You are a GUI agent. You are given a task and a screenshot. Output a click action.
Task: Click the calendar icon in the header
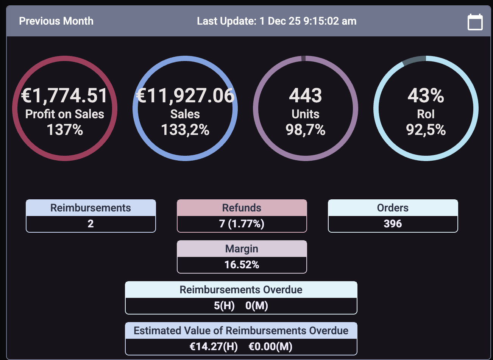(475, 22)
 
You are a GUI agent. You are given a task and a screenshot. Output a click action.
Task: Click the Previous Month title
(56, 21)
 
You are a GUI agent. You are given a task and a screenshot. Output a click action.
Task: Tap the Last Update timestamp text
(276, 21)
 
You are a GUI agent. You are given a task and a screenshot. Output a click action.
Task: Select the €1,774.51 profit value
(65, 95)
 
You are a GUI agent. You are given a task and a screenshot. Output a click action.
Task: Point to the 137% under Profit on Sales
(65, 130)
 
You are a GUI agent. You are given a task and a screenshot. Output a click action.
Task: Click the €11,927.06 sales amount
(185, 95)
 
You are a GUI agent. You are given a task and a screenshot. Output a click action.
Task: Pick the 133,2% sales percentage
(185, 130)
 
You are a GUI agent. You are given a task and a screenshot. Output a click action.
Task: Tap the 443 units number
(306, 95)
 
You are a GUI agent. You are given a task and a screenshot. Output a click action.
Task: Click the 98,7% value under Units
(306, 130)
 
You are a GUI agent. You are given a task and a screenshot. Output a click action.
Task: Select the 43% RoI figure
(426, 95)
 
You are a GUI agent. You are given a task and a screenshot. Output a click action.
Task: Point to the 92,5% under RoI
(426, 130)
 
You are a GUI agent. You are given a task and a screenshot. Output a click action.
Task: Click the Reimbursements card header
(90, 208)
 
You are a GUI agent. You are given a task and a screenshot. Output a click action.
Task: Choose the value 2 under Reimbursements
(90, 224)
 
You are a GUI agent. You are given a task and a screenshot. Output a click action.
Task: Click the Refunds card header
(242, 208)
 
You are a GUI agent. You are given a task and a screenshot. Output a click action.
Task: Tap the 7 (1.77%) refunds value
(242, 224)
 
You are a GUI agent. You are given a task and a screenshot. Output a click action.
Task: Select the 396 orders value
(393, 224)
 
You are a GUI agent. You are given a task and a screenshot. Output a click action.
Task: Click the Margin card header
(242, 249)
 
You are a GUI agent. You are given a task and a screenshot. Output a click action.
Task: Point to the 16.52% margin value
(242, 265)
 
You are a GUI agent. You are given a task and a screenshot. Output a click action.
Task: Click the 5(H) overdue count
(224, 305)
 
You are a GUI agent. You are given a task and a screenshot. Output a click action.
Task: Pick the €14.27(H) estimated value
(214, 346)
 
